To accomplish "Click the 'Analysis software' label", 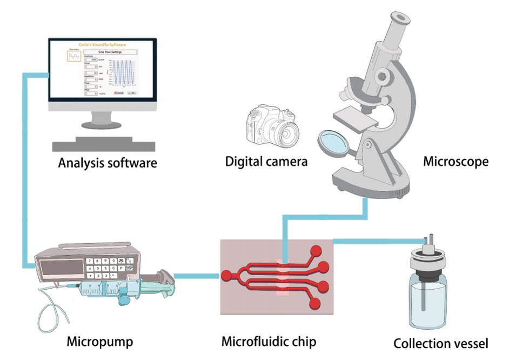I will click(x=108, y=162).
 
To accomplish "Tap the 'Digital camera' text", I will click(x=266, y=161).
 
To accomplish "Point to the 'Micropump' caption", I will click(x=100, y=342).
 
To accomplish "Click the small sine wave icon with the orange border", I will click(x=73, y=56).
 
